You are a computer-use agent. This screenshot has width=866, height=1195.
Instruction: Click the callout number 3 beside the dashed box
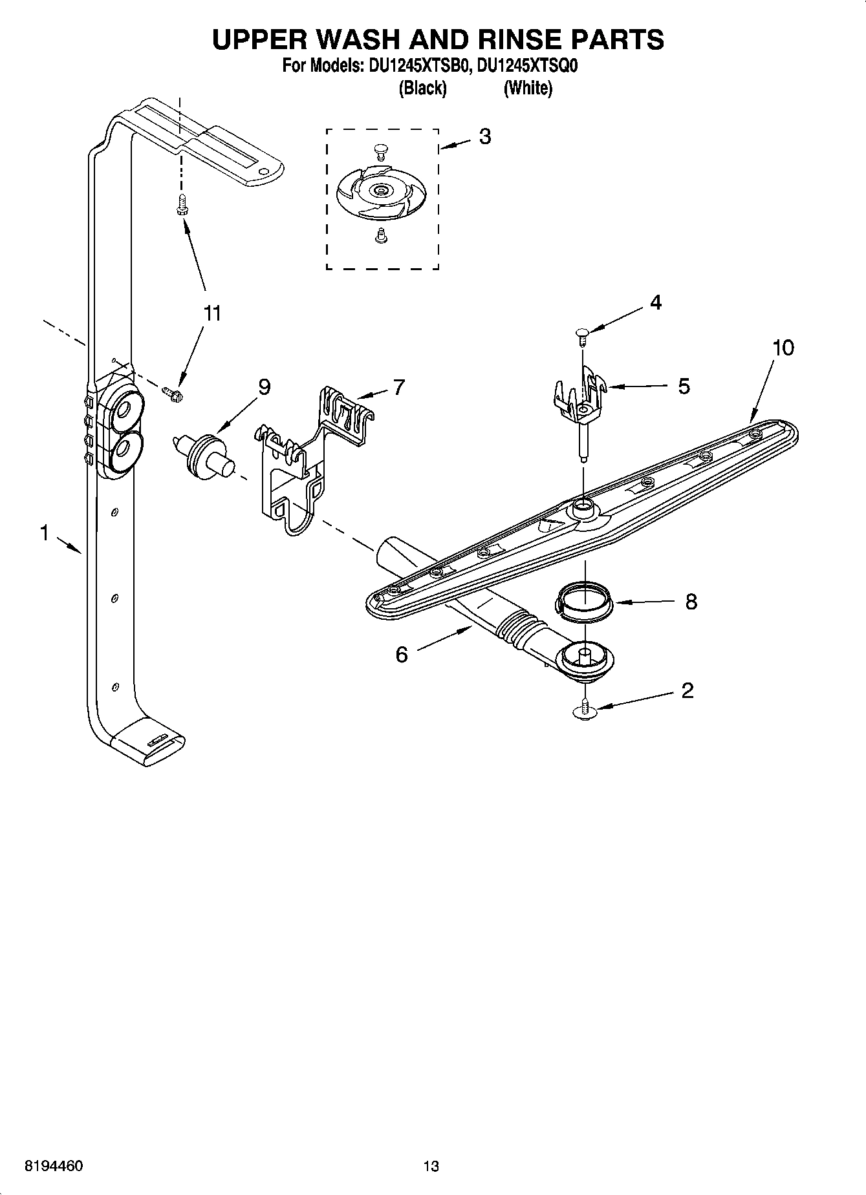coord(484,136)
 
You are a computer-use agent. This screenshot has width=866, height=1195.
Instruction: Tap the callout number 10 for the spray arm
coord(783,348)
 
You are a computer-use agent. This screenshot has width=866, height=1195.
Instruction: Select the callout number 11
coord(212,313)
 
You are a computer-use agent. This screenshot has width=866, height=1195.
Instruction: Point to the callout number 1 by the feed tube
coord(44,533)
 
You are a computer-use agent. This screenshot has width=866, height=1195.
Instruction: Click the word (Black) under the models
coord(422,88)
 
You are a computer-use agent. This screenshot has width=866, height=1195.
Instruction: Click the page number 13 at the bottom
coord(431,1166)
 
